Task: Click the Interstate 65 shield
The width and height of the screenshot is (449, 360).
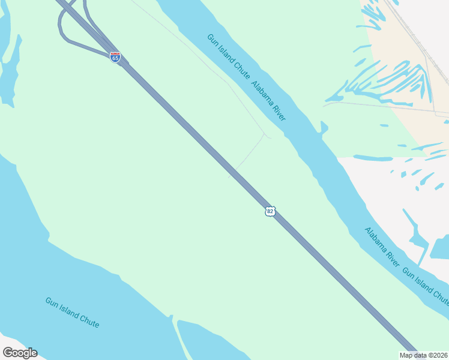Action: point(115,58)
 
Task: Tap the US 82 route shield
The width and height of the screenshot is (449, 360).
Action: point(270,211)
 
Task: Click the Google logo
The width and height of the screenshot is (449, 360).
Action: point(20,353)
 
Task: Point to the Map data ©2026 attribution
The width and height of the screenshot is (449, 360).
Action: point(424,355)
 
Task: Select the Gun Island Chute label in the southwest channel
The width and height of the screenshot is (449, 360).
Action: point(72,312)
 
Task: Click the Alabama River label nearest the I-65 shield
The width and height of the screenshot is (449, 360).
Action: point(268,101)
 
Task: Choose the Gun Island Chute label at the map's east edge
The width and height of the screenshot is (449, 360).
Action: point(425,286)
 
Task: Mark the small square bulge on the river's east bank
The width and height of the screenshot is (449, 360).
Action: point(324,127)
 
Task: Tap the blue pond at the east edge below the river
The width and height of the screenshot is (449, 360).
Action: point(440,246)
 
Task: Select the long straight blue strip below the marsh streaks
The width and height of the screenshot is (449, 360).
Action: point(372,158)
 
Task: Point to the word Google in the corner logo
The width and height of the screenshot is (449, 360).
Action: point(20,353)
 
